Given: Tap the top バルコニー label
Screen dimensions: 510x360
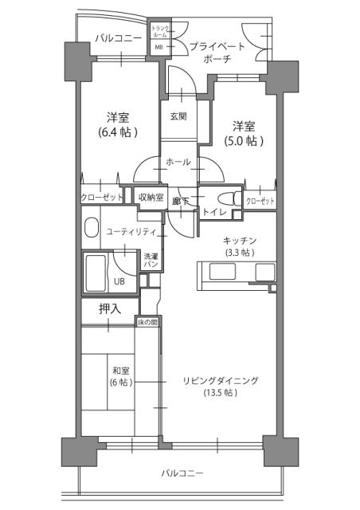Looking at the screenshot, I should pyautogui.click(x=118, y=37).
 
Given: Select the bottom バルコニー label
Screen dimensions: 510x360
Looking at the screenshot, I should pyautogui.click(x=182, y=473).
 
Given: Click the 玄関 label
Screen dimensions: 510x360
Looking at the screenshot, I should pyautogui.click(x=178, y=116).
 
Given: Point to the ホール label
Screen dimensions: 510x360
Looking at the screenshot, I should pyautogui.click(x=178, y=162).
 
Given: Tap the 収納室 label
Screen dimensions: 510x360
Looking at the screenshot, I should pyautogui.click(x=151, y=198).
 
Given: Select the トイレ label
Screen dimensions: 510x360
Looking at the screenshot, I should pyautogui.click(x=213, y=213).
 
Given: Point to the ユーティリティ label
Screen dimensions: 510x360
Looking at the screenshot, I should pyautogui.click(x=132, y=231).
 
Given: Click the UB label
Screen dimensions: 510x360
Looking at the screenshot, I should pyautogui.click(x=117, y=281).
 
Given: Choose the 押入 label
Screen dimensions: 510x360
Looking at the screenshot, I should pyautogui.click(x=109, y=308).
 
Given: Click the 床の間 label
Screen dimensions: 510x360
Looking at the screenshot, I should pyautogui.click(x=148, y=322).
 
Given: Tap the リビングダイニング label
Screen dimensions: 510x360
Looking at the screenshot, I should pyautogui.click(x=221, y=380).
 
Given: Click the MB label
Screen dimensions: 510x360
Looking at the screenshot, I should pyautogui.click(x=158, y=47).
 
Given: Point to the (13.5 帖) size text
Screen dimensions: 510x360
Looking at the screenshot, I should pyautogui.click(x=221, y=393).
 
